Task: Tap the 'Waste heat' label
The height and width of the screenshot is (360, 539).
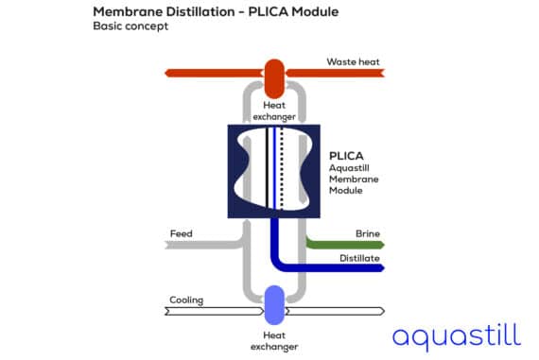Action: tap(353, 62)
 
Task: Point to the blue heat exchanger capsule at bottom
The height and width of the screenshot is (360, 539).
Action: tap(273, 304)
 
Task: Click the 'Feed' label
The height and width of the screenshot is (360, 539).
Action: tap(181, 233)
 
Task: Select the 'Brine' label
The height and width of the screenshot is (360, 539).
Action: tap(368, 233)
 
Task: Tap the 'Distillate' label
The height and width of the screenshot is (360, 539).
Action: tap(361, 257)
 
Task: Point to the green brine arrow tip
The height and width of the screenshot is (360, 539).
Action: tap(382, 244)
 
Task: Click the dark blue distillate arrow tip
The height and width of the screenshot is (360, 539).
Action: tap(382, 267)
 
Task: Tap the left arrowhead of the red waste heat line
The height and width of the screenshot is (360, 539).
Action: tap(168, 73)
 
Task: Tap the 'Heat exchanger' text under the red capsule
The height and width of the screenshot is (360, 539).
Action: tap(273, 111)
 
